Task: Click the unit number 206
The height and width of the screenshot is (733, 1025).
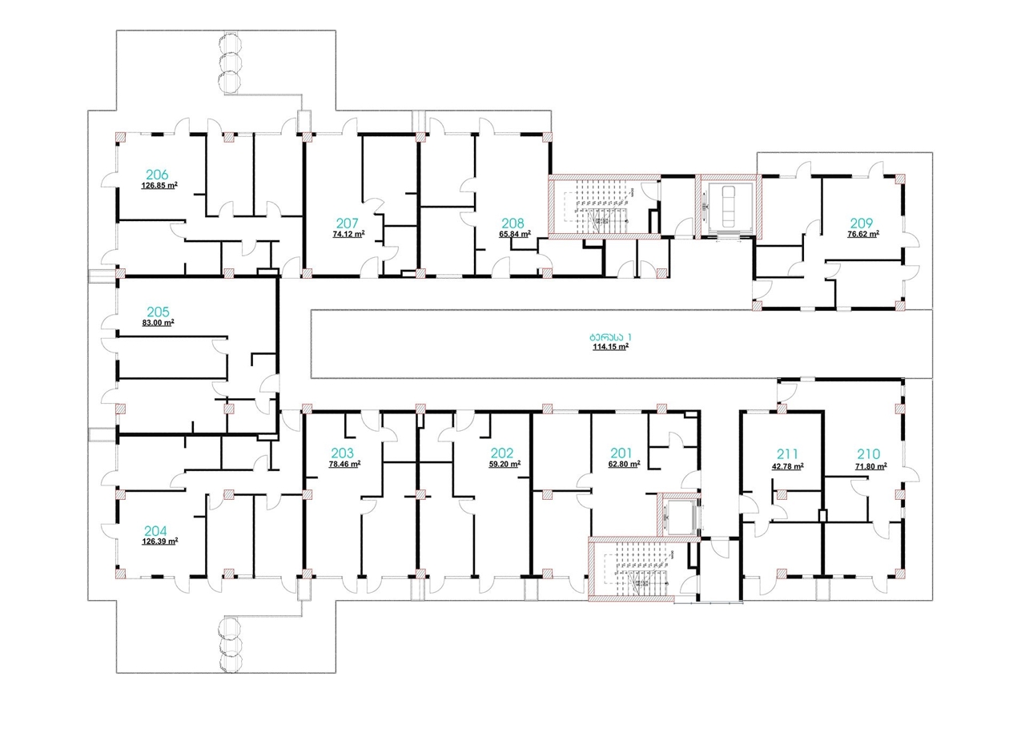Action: tap(157, 175)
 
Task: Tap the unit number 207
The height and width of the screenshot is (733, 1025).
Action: tap(347, 224)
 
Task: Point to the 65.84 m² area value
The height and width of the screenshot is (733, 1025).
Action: tap(515, 235)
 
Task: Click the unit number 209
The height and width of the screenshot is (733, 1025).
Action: tap(862, 224)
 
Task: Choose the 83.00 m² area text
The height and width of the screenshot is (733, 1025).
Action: tap(158, 323)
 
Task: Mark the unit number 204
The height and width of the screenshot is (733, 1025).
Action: tap(157, 530)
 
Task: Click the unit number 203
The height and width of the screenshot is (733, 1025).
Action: tap(343, 453)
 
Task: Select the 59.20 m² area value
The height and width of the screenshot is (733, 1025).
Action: tap(504, 464)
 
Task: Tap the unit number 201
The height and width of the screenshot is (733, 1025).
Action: tap(621, 453)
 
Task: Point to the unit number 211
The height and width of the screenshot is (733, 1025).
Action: tap(786, 453)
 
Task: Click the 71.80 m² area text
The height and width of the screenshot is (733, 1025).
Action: tap(870, 466)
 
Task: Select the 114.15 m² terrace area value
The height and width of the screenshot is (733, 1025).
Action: tap(610, 347)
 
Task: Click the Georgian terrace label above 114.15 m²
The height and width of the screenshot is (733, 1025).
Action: tap(611, 336)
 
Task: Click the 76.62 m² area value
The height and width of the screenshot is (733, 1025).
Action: tap(863, 235)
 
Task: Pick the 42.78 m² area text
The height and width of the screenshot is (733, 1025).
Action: tap(788, 466)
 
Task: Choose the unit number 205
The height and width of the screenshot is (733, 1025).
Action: tap(157, 311)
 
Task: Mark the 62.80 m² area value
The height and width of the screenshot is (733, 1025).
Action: tap(623, 464)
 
